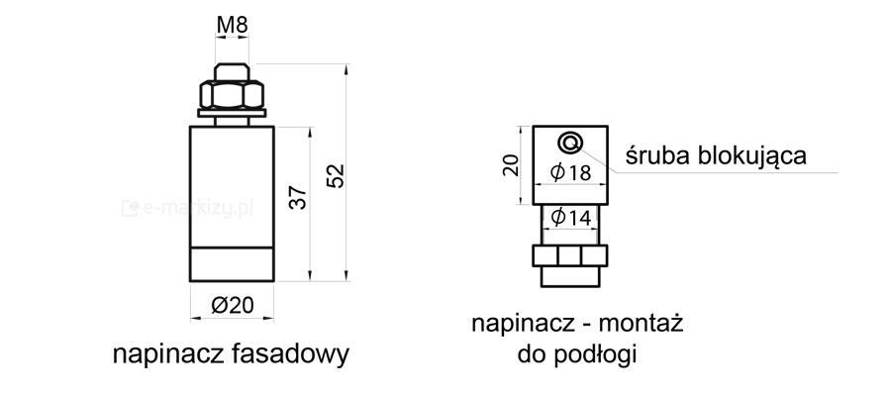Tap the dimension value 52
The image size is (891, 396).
click(x=338, y=176)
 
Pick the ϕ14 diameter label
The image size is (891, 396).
click(x=568, y=216)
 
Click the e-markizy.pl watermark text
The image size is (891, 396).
click(x=187, y=208)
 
